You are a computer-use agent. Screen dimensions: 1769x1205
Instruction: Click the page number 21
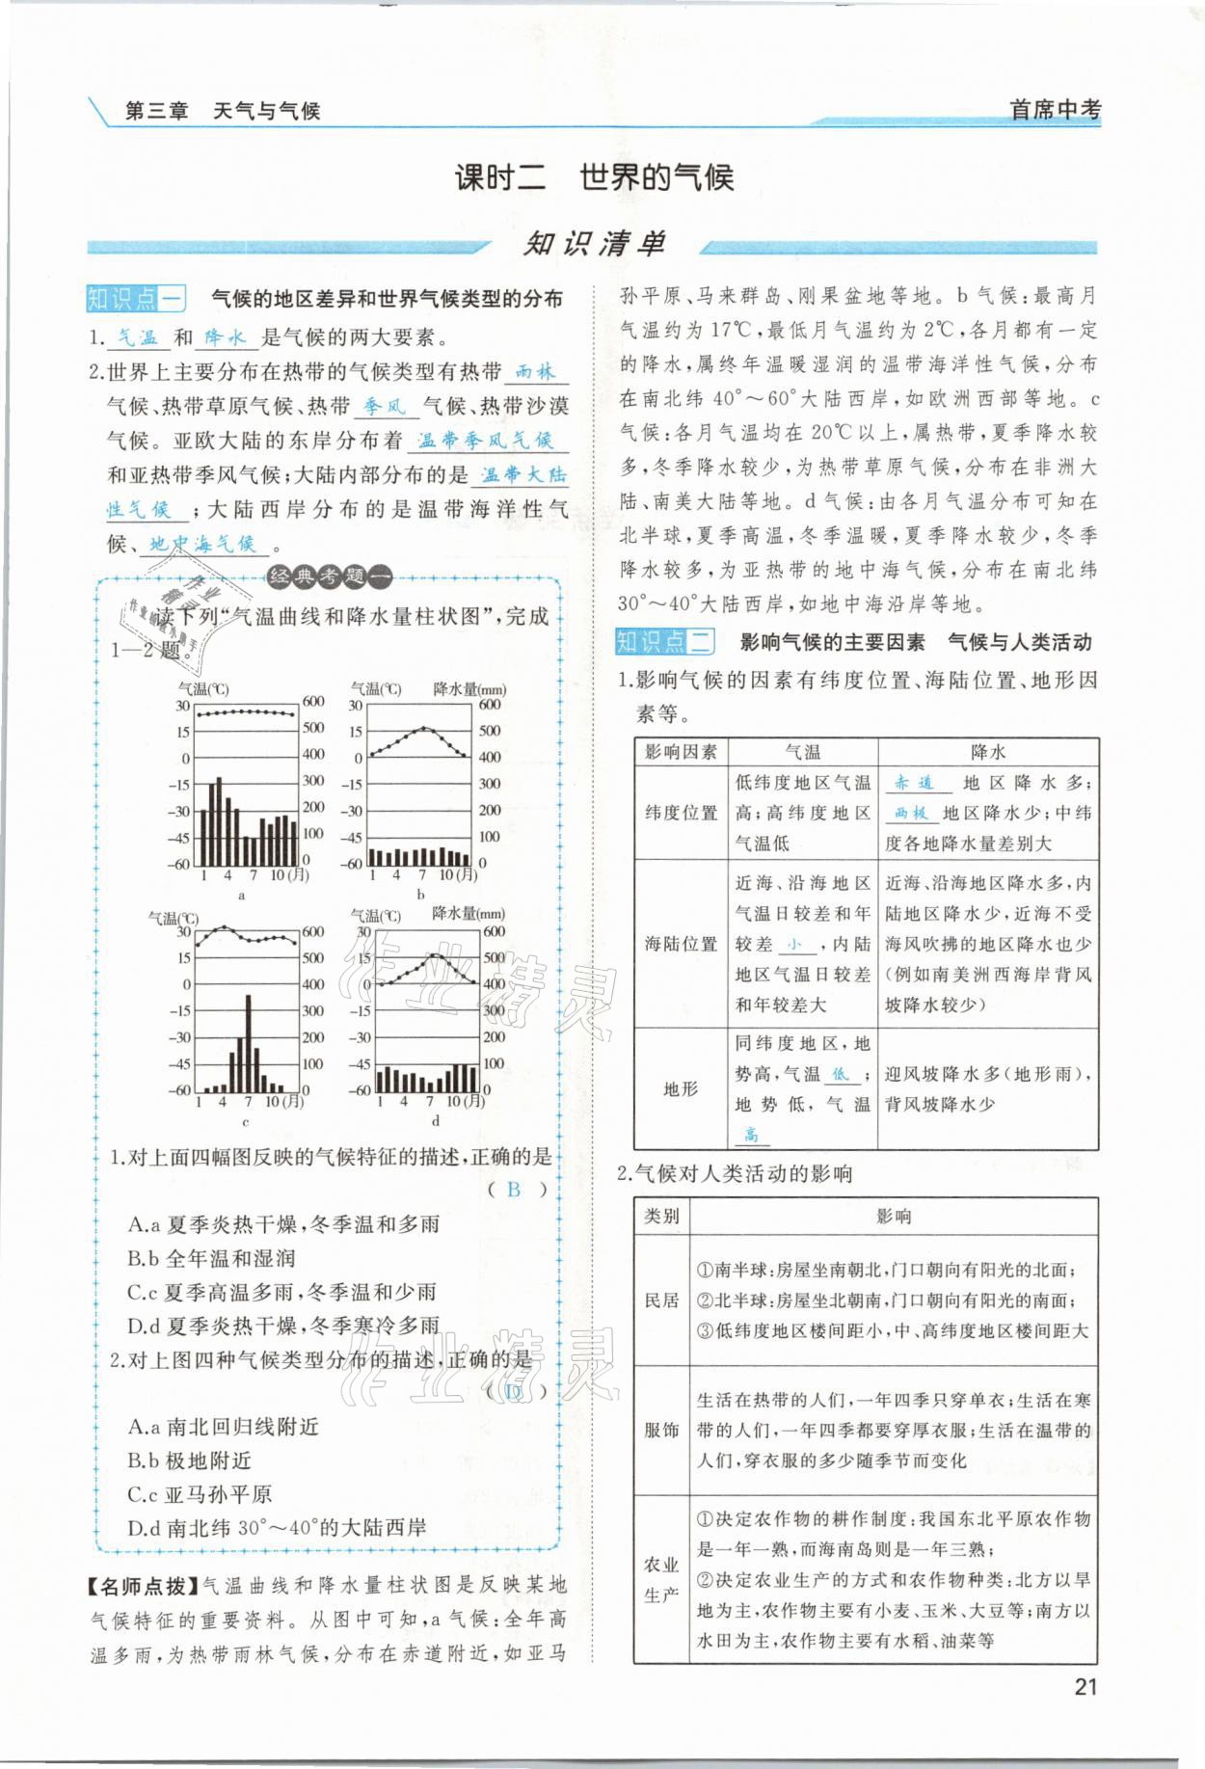[1084, 1686]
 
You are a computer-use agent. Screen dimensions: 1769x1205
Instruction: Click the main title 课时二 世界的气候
[594, 177]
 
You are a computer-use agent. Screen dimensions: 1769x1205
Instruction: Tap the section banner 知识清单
[594, 244]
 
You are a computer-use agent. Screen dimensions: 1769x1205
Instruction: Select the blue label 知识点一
[135, 299]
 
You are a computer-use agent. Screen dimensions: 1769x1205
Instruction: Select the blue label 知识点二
[664, 641]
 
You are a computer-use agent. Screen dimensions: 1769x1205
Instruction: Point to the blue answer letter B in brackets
[513, 1190]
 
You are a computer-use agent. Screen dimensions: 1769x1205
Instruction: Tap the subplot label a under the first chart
[241, 895]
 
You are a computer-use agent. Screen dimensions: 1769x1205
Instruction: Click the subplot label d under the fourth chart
[435, 1120]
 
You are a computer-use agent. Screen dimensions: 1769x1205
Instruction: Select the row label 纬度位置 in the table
[681, 813]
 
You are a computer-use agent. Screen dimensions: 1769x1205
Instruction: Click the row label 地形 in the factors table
[681, 1088]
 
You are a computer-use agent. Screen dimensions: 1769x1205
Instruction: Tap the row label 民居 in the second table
[661, 1300]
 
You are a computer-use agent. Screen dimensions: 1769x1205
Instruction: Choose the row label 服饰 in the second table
[661, 1430]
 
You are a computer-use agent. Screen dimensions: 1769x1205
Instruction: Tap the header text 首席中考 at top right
[1054, 110]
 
